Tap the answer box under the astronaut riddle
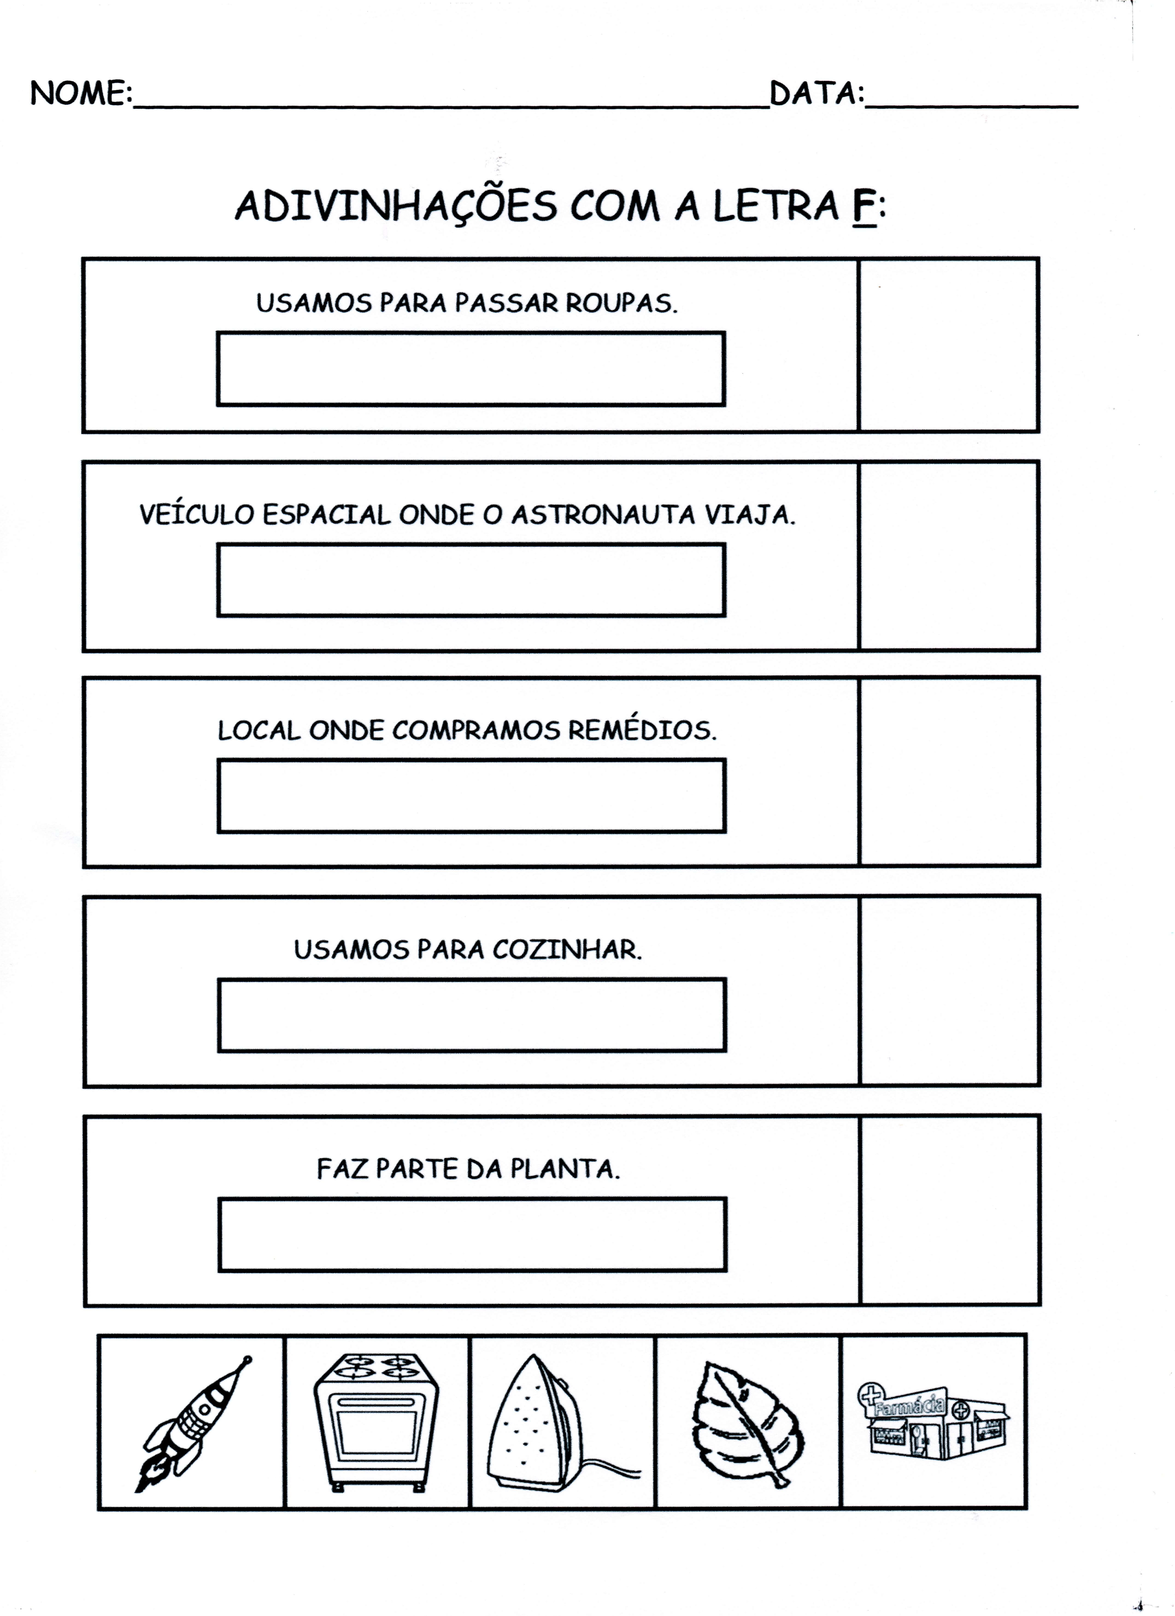(470, 580)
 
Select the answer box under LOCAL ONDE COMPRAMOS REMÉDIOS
(471, 796)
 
